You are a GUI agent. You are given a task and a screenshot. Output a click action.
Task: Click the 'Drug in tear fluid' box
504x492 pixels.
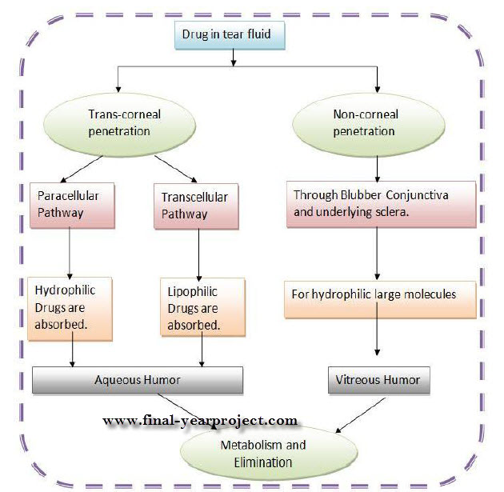(230, 35)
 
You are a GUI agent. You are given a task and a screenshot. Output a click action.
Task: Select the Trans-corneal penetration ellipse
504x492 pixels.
(119, 125)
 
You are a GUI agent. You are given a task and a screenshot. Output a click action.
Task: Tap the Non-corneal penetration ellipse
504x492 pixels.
(368, 125)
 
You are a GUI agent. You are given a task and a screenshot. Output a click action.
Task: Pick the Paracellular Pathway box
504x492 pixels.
(72, 206)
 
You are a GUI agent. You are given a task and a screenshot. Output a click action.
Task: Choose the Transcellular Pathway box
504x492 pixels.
(196, 206)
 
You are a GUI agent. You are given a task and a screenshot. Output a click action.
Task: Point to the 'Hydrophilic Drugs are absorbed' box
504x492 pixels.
(70, 309)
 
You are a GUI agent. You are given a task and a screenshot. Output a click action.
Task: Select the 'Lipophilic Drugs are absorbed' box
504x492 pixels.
(203, 307)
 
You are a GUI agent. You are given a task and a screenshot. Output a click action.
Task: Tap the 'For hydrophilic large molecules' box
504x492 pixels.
(380, 300)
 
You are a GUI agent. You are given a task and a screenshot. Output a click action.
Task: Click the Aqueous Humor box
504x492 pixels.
(138, 380)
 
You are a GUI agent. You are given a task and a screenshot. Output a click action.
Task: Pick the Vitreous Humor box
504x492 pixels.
(379, 380)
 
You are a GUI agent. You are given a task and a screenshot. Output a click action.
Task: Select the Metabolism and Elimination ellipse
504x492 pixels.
(269, 453)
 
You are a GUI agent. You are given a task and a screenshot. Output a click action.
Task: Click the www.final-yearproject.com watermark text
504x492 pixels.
(200, 420)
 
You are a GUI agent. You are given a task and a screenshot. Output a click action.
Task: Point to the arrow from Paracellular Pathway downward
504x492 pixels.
(70, 254)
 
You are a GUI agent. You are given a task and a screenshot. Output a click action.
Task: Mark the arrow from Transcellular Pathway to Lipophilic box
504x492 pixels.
(198, 254)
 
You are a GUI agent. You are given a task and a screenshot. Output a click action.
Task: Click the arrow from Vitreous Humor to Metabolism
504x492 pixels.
(360, 415)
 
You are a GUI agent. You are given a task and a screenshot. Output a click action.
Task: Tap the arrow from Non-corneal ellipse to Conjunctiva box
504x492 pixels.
(378, 169)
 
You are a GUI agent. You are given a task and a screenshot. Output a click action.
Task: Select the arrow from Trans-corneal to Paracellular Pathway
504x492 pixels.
(82, 169)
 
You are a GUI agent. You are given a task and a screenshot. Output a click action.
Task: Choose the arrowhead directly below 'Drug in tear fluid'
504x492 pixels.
(234, 62)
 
